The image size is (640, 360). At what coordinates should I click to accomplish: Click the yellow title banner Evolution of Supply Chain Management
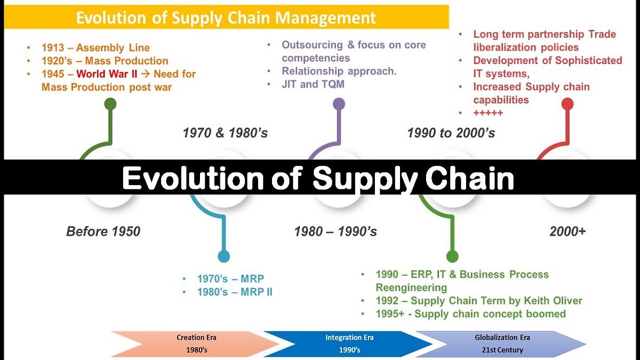[x=226, y=17]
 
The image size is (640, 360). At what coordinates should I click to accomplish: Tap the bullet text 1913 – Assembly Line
[x=95, y=48]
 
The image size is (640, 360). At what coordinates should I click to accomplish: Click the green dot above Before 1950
[x=110, y=103]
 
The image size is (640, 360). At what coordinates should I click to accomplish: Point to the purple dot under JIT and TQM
[x=339, y=103]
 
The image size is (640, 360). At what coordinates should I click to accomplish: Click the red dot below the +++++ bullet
[x=567, y=103]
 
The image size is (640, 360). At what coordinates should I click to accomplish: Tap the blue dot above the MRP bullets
[x=224, y=256]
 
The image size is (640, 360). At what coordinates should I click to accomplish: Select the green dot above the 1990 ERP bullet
[x=452, y=256]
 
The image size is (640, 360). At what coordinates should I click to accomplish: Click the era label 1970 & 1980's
[x=225, y=132]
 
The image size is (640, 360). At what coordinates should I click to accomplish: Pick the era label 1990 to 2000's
[x=451, y=132]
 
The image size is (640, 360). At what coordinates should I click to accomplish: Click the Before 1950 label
[x=103, y=231]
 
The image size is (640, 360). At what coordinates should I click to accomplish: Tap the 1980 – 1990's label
[x=335, y=231]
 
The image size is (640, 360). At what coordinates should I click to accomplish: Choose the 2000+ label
[x=567, y=231]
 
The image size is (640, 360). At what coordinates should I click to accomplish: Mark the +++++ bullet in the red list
[x=488, y=113]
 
